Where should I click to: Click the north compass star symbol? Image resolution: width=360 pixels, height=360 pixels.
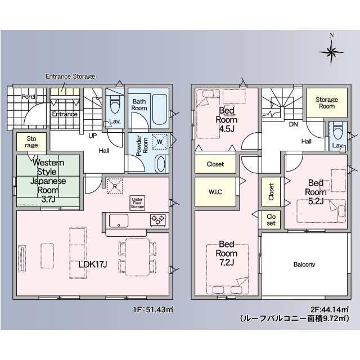331,52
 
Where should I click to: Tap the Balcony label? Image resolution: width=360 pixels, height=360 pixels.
304,264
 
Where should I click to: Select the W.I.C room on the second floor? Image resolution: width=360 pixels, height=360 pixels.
215,192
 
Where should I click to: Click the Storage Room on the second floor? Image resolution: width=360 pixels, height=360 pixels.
327,103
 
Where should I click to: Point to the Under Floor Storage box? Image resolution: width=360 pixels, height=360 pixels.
137,203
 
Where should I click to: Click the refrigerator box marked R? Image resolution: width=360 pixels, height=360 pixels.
115,186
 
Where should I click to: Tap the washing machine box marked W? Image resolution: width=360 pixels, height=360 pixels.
160,142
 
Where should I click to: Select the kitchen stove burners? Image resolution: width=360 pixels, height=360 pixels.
157,220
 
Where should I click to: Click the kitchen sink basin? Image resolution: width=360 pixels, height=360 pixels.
119,220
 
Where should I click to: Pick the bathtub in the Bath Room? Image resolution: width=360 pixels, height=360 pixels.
160,109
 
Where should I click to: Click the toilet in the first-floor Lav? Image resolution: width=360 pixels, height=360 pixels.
115,105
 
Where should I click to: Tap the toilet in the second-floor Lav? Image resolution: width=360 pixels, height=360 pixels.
337,131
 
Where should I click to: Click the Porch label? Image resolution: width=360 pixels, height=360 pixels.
29,97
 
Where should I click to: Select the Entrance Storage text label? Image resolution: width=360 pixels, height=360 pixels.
70,76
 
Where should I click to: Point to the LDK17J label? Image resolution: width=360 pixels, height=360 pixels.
93,264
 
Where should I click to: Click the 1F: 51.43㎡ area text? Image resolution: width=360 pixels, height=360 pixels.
153,309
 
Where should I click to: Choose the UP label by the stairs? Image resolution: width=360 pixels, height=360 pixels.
92,136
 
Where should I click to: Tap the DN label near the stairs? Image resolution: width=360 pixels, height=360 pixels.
293,124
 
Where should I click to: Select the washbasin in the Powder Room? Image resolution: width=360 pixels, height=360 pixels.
161,164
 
